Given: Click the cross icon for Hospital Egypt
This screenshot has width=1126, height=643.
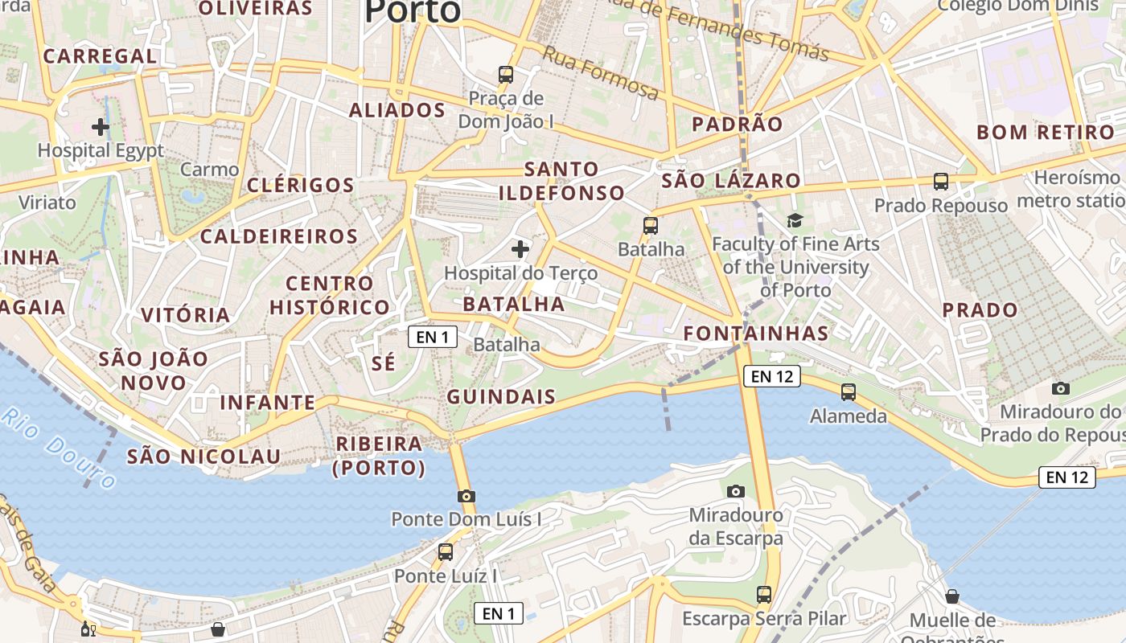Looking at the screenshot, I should [101, 127].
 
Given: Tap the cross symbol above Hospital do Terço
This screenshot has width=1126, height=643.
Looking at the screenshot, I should [520, 249].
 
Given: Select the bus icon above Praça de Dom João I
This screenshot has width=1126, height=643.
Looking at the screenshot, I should [506, 75].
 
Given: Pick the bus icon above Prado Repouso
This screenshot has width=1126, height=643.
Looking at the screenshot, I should [941, 182].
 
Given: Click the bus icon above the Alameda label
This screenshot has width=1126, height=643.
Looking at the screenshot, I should [849, 392].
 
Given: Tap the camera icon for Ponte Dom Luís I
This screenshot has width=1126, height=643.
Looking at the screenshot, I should [466, 496].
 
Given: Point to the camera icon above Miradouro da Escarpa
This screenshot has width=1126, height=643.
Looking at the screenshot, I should [735, 491].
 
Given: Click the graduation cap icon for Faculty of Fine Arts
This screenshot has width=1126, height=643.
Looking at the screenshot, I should [795, 220].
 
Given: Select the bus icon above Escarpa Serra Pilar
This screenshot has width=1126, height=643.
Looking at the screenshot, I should [764, 595].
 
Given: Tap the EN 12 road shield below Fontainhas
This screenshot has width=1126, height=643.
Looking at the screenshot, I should [773, 375].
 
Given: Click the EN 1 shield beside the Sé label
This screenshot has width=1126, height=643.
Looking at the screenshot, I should [433, 337].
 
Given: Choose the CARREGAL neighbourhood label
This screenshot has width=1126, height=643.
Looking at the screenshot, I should [100, 56].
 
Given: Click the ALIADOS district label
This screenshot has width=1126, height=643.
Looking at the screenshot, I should [397, 110].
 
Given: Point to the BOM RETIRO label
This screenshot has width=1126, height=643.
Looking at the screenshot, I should [1046, 133].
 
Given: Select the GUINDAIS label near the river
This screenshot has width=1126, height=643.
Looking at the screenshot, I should [501, 396].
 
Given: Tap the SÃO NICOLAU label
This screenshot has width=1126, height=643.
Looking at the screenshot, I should [204, 457].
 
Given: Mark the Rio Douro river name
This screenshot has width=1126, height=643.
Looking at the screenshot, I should [58, 448].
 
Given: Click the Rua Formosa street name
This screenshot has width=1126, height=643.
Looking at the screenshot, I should [600, 72].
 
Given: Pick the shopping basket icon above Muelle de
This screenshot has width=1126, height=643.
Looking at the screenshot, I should [952, 596].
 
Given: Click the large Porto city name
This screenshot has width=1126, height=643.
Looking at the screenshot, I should [413, 11].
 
